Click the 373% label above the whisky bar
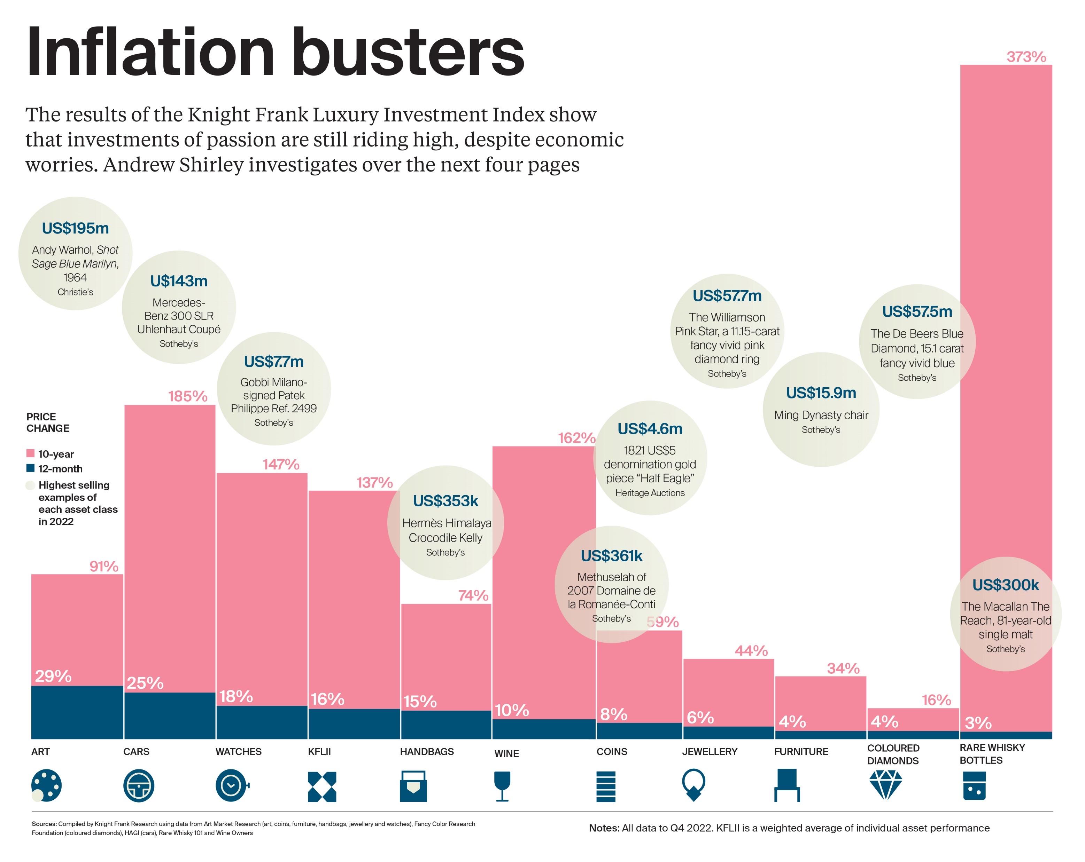(x=1026, y=57)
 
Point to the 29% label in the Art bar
(x=53, y=677)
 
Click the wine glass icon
(x=502, y=786)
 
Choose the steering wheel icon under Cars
(x=138, y=785)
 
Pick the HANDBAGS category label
(x=426, y=752)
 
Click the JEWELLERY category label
(x=709, y=752)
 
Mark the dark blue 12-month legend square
(x=30, y=468)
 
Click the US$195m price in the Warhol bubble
(x=76, y=228)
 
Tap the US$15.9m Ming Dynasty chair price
(x=821, y=393)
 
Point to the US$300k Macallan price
(x=1005, y=585)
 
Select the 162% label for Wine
(x=576, y=438)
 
